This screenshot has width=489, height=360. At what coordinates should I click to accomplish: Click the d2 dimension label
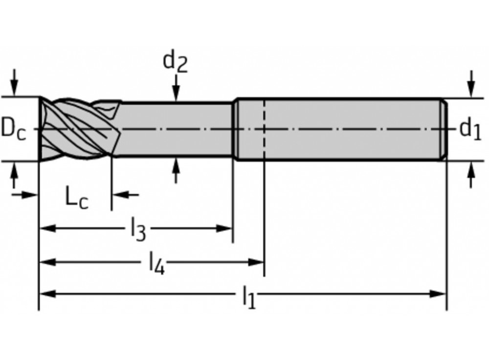(175, 62)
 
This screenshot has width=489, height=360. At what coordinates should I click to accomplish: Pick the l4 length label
(156, 263)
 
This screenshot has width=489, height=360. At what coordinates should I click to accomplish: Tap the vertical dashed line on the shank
(264, 130)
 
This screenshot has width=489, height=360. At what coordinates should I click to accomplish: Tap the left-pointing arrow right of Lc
(120, 194)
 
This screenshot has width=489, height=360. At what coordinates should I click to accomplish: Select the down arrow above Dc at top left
(14, 90)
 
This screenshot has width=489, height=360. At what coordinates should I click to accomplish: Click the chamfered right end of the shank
(444, 130)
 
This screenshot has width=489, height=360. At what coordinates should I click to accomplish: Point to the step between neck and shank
(234, 130)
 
